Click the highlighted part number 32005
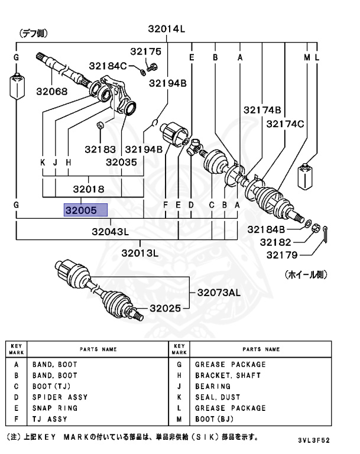[86, 210]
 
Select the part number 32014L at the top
[167, 28]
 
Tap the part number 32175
[145, 52]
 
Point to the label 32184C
[108, 65]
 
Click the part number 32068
[51, 92]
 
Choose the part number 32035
[122, 161]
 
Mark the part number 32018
[89, 189]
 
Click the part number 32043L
[110, 231]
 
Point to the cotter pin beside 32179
[324, 236]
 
